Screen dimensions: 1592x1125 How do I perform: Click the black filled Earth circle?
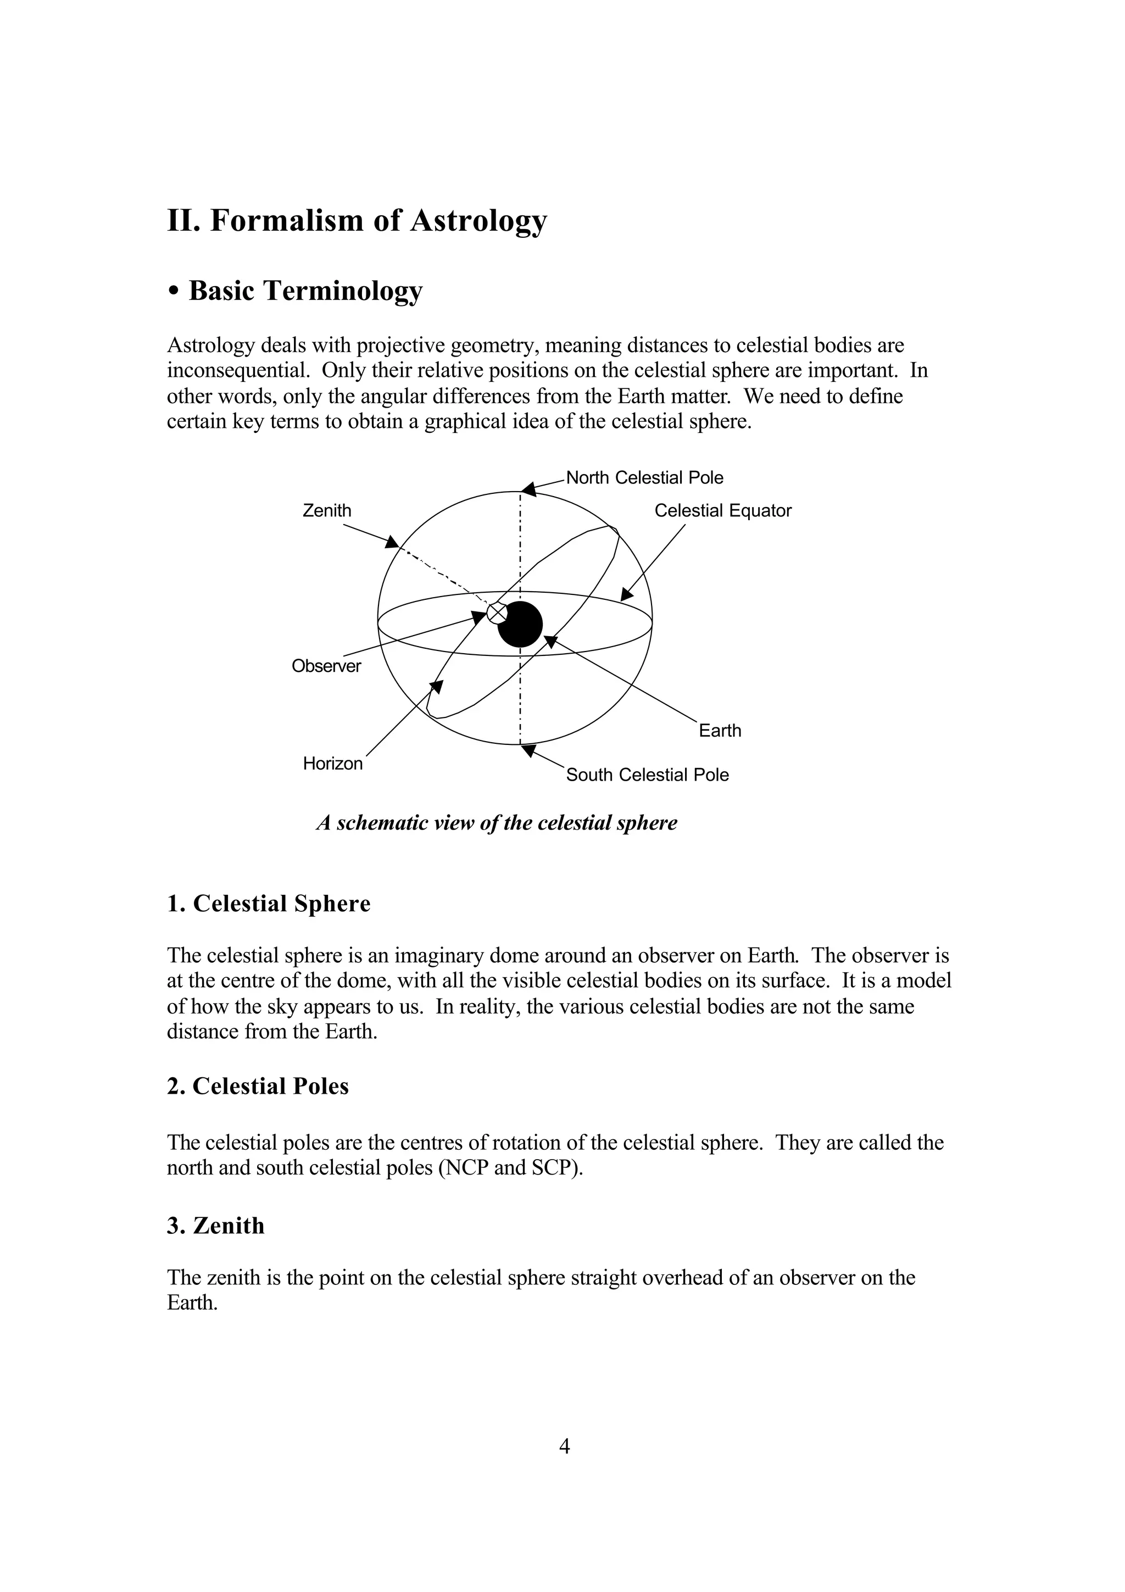(520, 624)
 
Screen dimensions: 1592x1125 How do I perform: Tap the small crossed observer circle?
(497, 613)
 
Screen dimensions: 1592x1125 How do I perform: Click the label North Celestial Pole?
(645, 478)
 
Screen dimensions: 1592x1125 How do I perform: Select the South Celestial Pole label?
(648, 775)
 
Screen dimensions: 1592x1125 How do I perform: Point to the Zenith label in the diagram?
(327, 511)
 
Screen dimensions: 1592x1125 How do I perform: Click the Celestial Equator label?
(722, 511)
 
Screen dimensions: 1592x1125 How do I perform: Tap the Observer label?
(326, 666)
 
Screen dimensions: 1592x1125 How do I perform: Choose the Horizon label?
(333, 764)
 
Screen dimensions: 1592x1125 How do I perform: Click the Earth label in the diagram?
(720, 731)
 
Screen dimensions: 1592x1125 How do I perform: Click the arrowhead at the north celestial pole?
(529, 489)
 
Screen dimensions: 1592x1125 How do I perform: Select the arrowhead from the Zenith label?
(392, 542)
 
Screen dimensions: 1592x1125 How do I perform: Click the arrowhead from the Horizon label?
(437, 687)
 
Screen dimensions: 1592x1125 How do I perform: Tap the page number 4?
(564, 1446)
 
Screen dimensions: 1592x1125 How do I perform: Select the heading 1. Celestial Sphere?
(269, 904)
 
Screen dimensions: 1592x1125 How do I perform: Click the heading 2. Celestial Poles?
(258, 1086)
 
